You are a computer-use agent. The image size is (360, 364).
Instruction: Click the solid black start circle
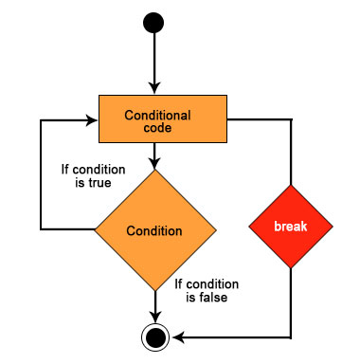(x=153, y=23)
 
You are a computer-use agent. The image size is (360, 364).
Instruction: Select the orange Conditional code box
(x=164, y=120)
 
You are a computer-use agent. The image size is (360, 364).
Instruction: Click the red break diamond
(x=290, y=228)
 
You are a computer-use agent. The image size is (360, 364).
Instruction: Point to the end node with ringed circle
(x=153, y=336)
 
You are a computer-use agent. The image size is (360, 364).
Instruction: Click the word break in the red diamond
(x=290, y=228)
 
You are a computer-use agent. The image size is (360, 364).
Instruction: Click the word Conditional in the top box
(x=158, y=115)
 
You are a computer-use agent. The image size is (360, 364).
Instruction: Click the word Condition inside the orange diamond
(x=153, y=230)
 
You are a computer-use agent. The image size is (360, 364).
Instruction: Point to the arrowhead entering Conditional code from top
(x=153, y=88)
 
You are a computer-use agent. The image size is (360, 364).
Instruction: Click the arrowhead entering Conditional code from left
(x=94, y=120)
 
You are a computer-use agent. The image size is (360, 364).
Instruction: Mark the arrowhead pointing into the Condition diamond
(x=153, y=164)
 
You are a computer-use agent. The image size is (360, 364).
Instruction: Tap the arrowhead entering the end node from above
(x=153, y=317)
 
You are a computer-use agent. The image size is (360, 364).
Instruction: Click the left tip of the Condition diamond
(x=95, y=230)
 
